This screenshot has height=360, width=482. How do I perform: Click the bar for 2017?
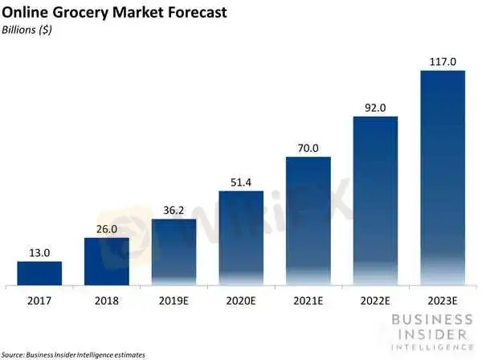pos(39,272)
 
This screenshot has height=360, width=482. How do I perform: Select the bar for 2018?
pos(107,261)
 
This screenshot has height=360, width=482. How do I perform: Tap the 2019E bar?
pos(174,252)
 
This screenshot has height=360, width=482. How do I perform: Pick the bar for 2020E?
pos(241,238)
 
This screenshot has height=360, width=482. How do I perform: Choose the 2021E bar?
pos(308,221)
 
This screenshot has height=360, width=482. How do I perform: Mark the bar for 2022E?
pos(375,201)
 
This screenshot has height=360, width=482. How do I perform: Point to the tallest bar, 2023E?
pos(443,178)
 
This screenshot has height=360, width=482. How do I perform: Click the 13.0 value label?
pos(39,252)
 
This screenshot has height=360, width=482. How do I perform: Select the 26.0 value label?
pos(107,229)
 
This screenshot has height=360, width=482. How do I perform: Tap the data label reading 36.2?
pos(174,210)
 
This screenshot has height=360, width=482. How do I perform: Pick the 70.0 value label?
pos(308,148)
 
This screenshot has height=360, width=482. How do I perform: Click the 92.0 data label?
pos(375,108)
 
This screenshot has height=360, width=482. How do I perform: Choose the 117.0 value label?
pos(443,62)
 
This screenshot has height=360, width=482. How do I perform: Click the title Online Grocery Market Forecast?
pos(112,14)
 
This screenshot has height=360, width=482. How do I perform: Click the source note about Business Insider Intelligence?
pos(73,354)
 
